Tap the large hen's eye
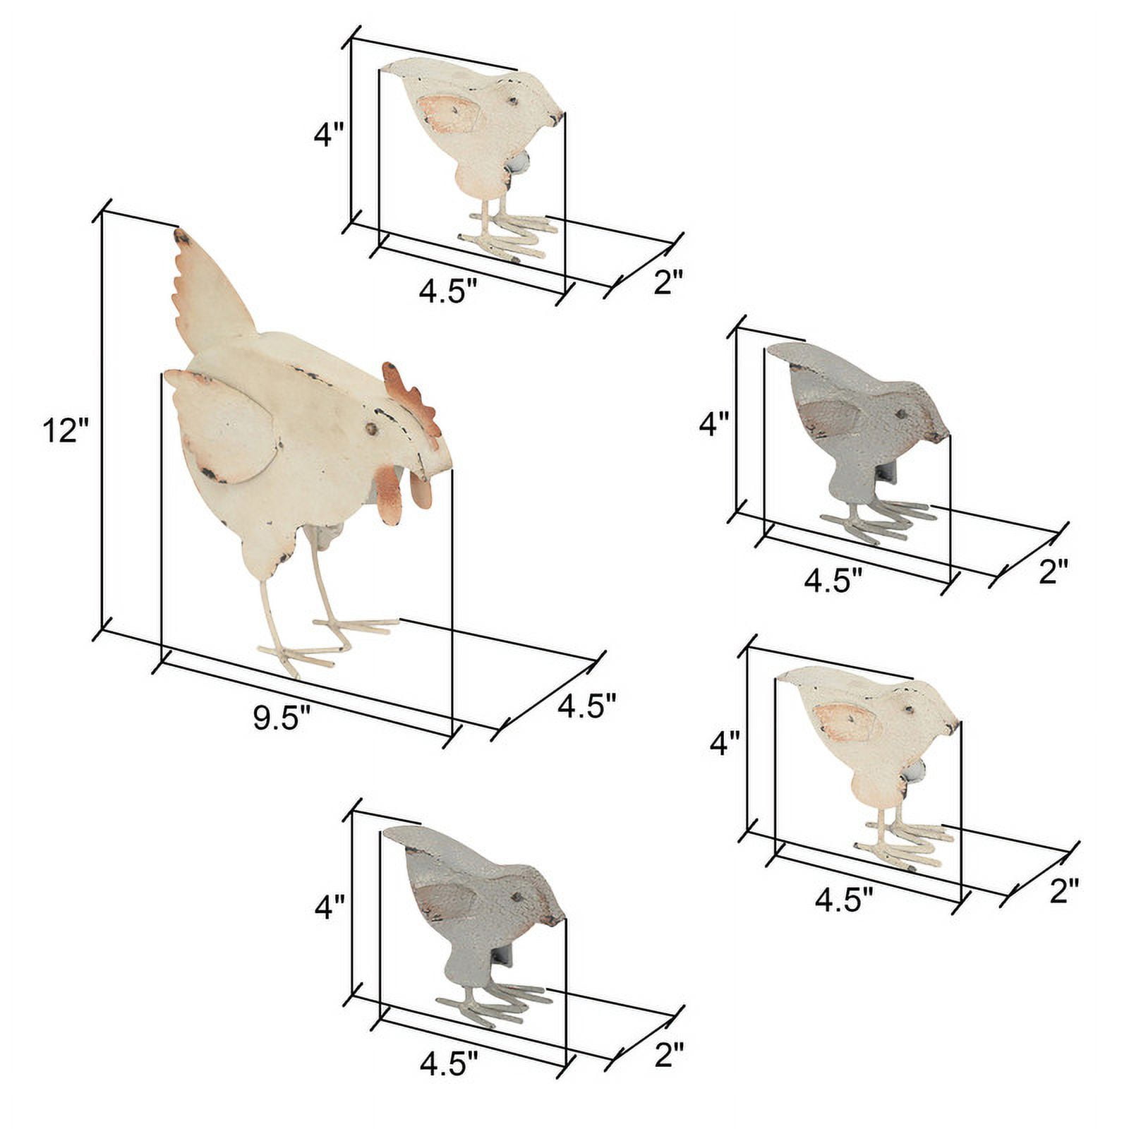[370, 428]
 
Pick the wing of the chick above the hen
[449, 112]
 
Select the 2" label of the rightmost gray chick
[1054, 572]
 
